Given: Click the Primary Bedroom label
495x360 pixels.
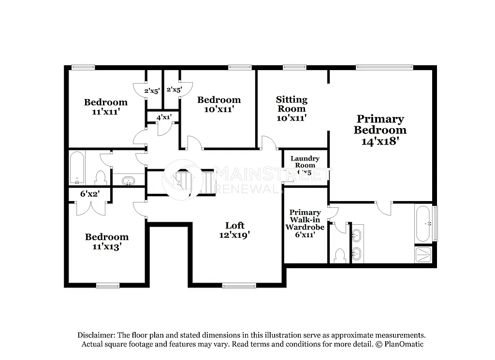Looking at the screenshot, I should tap(380, 130).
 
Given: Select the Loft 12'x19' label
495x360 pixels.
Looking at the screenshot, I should tap(234, 230).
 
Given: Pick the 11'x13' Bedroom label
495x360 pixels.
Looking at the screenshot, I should tap(107, 241).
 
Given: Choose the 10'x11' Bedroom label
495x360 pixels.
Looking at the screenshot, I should tap(219, 104).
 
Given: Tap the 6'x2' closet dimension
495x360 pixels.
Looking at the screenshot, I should tap(90, 194).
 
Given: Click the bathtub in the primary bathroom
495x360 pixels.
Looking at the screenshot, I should tap(422, 224).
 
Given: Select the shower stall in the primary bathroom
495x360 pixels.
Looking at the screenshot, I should tap(424, 254).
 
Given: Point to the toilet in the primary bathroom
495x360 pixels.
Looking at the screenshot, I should tap(339, 255).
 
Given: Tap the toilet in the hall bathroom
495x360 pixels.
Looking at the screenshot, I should tap(101, 178).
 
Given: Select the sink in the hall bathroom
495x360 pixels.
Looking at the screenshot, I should tap(128, 181).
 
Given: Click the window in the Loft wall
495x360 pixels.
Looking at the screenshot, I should tap(239, 286).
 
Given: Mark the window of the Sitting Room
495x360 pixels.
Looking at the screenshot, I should tap(291, 68).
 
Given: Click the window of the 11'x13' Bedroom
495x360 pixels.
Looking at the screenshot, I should tap(108, 286).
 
